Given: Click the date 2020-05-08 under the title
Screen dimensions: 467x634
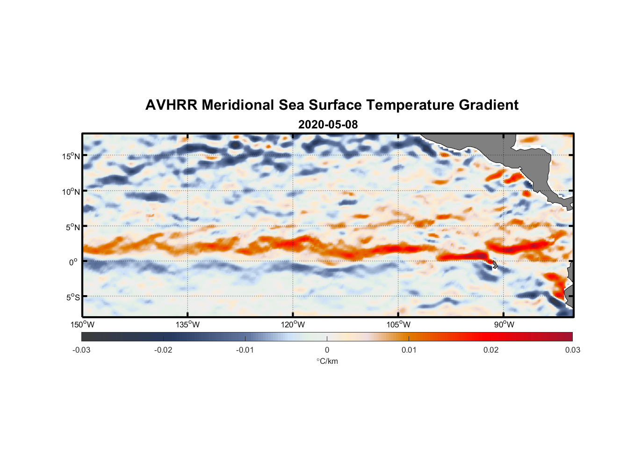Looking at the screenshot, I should pyautogui.click(x=328, y=125).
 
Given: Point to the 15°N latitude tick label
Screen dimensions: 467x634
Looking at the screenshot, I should pyautogui.click(x=71, y=156).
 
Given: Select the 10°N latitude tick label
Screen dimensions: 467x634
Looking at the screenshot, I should pyautogui.click(x=71, y=191).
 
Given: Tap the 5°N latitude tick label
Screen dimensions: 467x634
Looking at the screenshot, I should pyautogui.click(x=72, y=227).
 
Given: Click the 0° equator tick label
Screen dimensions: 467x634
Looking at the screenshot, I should pyautogui.click(x=73, y=262).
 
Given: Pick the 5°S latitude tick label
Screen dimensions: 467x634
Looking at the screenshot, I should pyautogui.click(x=72, y=297).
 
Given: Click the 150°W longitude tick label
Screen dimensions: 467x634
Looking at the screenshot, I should pyautogui.click(x=83, y=325).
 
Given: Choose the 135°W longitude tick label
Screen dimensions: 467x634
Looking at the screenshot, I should pyautogui.click(x=188, y=325).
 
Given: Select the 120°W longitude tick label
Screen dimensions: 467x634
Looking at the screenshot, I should pyautogui.click(x=293, y=325).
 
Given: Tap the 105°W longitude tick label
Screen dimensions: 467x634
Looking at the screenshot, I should pyautogui.click(x=398, y=325).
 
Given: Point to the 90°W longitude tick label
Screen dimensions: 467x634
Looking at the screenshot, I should pyautogui.click(x=504, y=325).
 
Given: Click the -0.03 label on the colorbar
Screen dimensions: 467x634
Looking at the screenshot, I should pyautogui.click(x=81, y=350).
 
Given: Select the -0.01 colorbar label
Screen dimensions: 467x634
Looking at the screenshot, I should pyautogui.click(x=245, y=350).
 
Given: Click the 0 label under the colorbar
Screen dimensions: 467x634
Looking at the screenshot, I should pyautogui.click(x=327, y=350).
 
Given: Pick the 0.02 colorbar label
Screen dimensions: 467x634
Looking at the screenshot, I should pyautogui.click(x=491, y=350).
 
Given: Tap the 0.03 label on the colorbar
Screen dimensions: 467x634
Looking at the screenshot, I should pyautogui.click(x=572, y=350).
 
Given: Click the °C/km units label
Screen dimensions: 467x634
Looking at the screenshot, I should pyautogui.click(x=327, y=361).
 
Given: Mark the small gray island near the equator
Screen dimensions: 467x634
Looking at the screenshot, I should pyautogui.click(x=495, y=265).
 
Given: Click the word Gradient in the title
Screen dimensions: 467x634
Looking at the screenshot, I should pyautogui.click(x=488, y=105).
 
